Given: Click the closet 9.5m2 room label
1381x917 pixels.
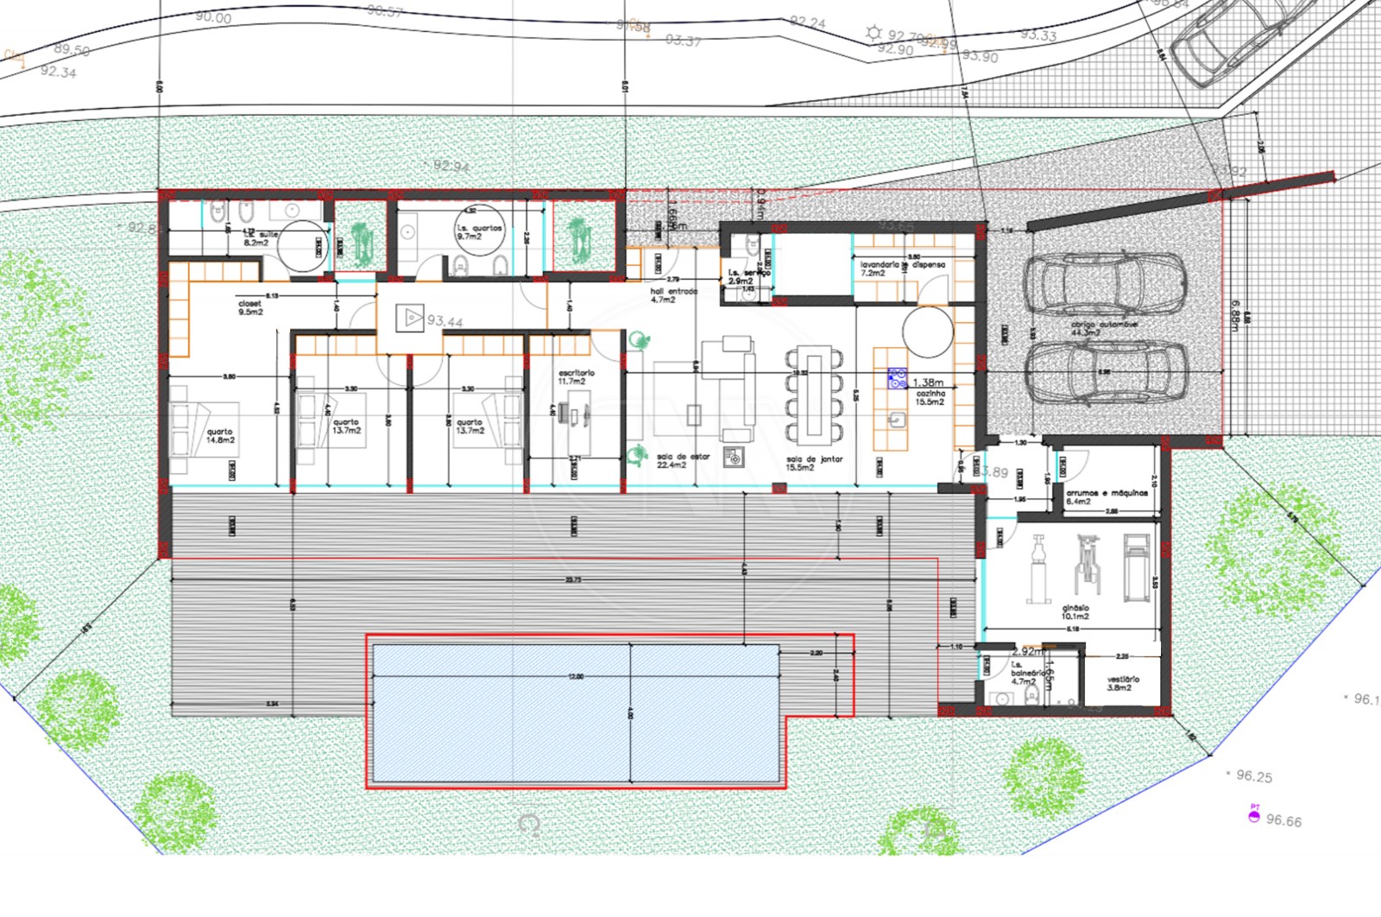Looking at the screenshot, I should [x=250, y=308].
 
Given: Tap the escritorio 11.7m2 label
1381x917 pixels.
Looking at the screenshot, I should [x=577, y=377].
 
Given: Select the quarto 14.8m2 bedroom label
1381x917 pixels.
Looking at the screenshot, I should [x=219, y=436].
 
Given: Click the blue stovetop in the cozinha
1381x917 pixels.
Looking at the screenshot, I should [x=898, y=377].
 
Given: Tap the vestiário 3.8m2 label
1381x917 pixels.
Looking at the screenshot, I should [x=1123, y=683].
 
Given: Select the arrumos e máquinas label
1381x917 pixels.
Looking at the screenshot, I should [x=1106, y=496].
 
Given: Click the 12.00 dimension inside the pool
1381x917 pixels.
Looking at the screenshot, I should [x=576, y=676].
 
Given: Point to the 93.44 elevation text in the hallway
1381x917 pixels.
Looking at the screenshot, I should [x=445, y=322].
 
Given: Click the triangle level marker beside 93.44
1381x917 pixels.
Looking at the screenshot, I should [x=410, y=319].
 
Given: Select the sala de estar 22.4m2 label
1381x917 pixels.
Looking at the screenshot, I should [x=682, y=460].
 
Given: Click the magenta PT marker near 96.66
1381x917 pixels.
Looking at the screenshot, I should [x=1254, y=816].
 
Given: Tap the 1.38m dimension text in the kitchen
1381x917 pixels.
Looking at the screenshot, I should [x=928, y=383].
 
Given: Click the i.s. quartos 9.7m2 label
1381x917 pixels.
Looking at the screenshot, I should [x=479, y=232].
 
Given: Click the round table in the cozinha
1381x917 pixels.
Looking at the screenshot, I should [x=928, y=332].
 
